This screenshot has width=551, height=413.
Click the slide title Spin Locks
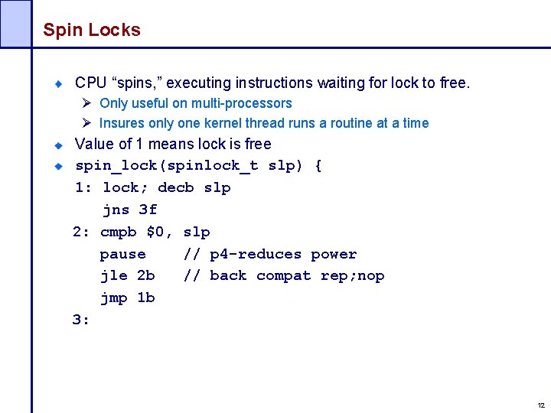click(92, 30)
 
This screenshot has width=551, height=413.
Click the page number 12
click(541, 405)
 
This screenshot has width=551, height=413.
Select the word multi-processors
click(241, 103)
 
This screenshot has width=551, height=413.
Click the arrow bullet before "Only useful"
click(88, 103)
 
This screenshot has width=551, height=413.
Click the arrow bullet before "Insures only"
click(88, 123)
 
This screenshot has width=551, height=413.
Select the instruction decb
click(175, 188)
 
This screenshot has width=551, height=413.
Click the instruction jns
click(116, 210)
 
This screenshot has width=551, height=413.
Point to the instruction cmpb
click(119, 232)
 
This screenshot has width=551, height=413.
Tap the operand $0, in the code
click(159, 232)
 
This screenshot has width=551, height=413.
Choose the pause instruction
click(122, 254)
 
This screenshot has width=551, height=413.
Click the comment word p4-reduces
click(256, 254)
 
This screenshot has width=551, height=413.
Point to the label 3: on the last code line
click(81, 320)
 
